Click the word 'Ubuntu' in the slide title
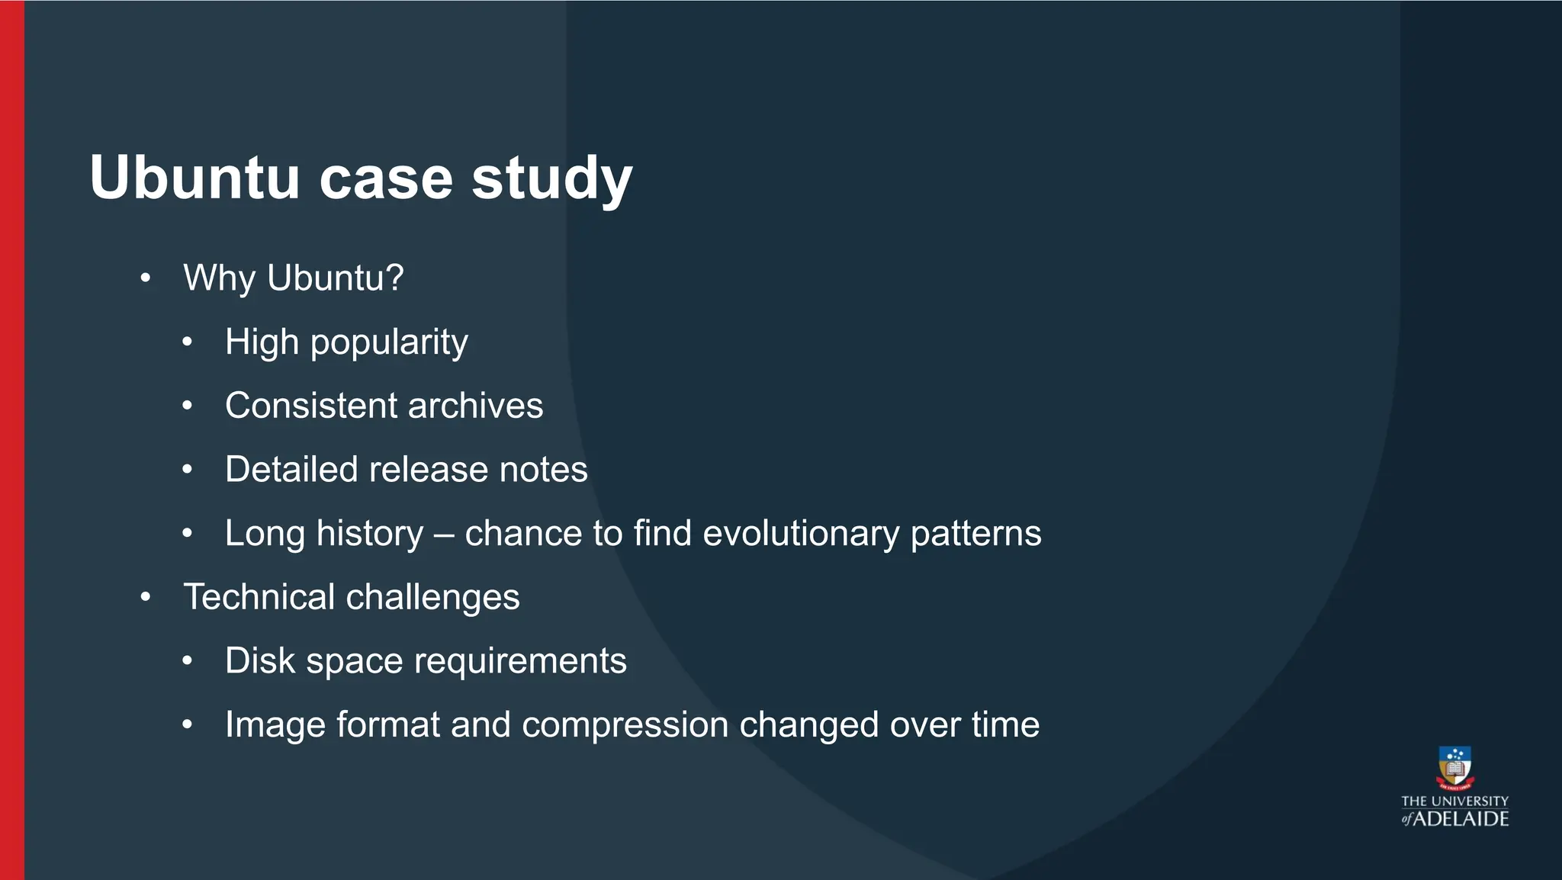pyautogui.click(x=194, y=178)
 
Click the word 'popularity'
pyautogui.click(x=389, y=343)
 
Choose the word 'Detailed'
pyautogui.click(x=291, y=470)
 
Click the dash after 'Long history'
pyautogui.click(x=444, y=534)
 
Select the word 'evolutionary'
pyautogui.click(x=800, y=534)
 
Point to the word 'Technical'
pyautogui.click(x=259, y=597)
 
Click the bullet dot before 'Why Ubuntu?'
pyautogui.click(x=146, y=278)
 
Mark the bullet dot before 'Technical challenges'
pyautogui.click(x=146, y=597)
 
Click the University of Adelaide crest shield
pyautogui.click(x=1454, y=767)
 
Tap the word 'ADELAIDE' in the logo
pyautogui.click(x=1461, y=819)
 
